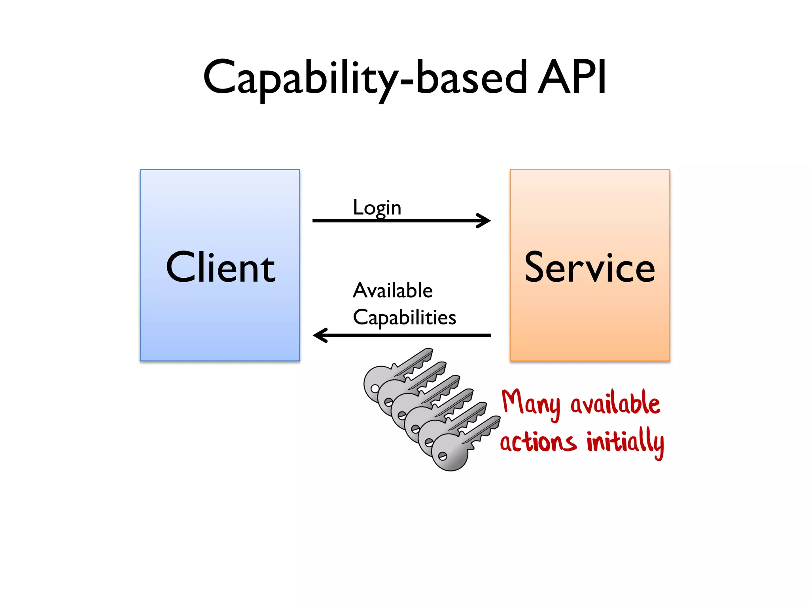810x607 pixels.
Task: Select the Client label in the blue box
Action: [x=220, y=268]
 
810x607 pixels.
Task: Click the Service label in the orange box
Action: [x=590, y=268]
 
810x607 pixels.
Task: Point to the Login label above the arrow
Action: [x=377, y=207]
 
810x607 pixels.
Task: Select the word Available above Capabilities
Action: [x=393, y=290]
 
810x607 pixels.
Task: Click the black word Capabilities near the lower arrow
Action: [x=404, y=317]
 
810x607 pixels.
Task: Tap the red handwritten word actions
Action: [x=538, y=442]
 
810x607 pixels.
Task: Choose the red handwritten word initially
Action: [x=625, y=442]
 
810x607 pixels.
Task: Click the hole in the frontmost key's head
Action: [x=443, y=456]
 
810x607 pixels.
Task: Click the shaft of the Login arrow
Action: [x=396, y=221]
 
